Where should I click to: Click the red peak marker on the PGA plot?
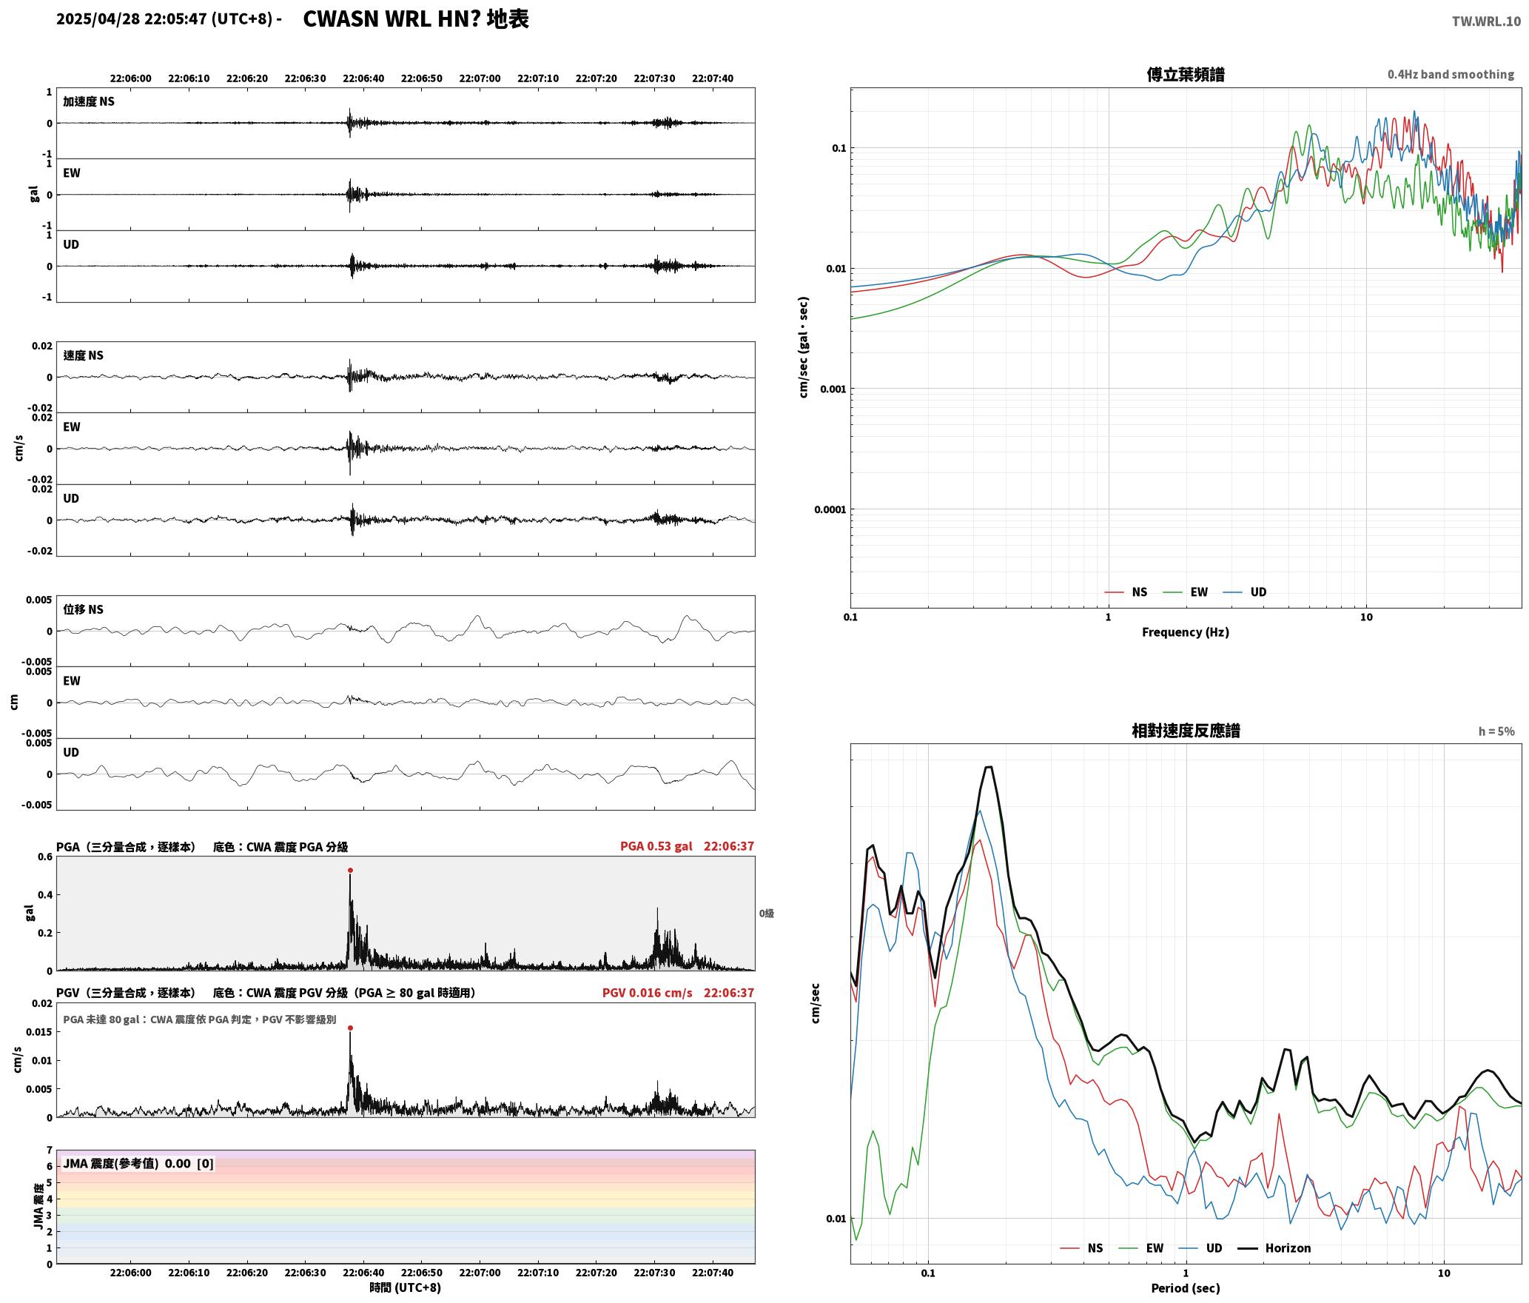click(350, 871)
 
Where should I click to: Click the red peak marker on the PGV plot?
click(350, 1028)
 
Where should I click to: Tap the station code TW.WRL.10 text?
click(1486, 21)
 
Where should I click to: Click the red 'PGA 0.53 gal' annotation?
click(656, 846)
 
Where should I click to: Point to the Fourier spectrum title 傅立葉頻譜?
click(1186, 75)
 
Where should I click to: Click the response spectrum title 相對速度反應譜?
click(1186, 731)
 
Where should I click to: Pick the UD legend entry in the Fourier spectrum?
click(1245, 592)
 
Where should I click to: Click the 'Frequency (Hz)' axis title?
click(1186, 632)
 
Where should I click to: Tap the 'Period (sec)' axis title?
click(1186, 1288)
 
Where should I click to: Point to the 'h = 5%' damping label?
click(1496, 731)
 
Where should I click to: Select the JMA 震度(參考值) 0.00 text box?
click(138, 1163)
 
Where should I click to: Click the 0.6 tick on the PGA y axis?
click(45, 857)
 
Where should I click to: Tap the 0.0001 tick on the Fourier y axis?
click(830, 509)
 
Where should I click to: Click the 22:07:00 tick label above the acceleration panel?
click(480, 78)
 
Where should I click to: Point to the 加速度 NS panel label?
click(89, 101)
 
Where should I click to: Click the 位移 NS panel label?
click(84, 609)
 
